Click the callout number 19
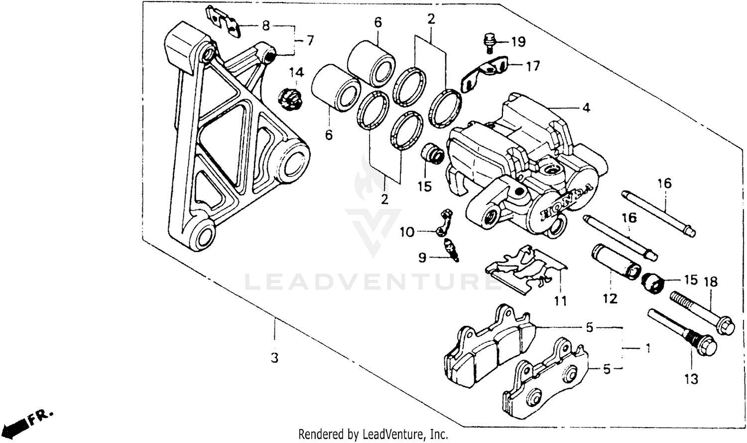coord(518,41)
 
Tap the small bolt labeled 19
coord(489,43)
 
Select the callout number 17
coord(532,65)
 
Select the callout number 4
coord(586,108)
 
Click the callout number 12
coord(610,298)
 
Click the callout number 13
coord(691,379)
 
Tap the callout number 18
coord(710,282)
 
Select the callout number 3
coord(274,358)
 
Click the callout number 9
coord(422,258)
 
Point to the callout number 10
coord(407,232)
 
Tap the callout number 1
coord(647,348)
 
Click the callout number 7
coord(310,40)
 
